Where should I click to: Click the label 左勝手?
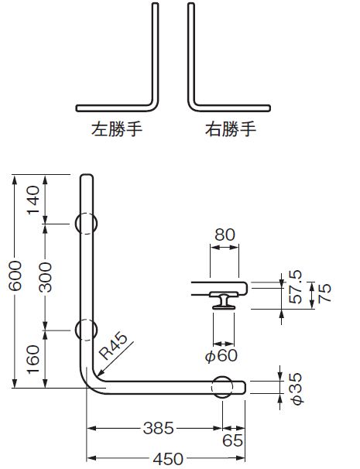(117, 129)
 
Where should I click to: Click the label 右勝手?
(231, 129)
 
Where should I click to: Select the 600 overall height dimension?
(15, 276)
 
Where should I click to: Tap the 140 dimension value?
(33, 200)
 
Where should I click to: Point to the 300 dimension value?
(46, 276)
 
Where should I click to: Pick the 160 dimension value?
(33, 359)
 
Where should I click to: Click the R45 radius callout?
(113, 346)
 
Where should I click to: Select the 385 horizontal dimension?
(158, 428)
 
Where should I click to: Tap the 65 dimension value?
(232, 440)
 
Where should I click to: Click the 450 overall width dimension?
(168, 458)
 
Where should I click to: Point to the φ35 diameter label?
(297, 389)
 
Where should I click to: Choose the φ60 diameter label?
(221, 355)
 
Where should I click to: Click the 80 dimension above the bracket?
(225, 234)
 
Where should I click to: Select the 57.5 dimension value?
(296, 287)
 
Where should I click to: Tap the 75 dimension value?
(324, 293)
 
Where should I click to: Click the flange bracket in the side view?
(224, 300)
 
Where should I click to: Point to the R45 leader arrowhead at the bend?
(101, 373)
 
